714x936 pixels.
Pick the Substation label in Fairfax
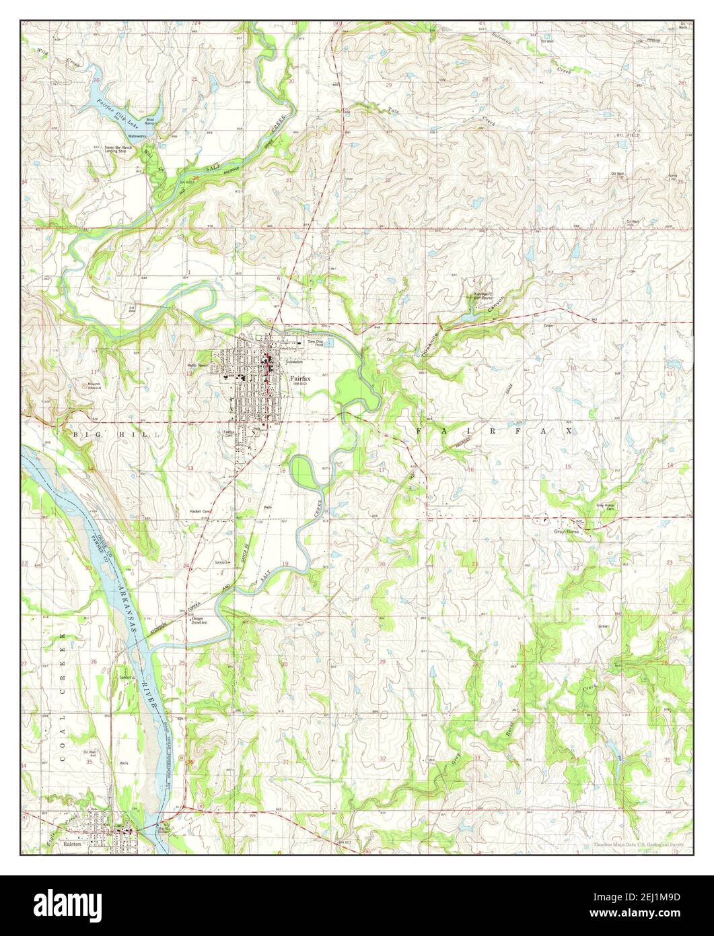point(295,362)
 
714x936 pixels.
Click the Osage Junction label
point(201,621)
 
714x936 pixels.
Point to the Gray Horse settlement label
point(567,531)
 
